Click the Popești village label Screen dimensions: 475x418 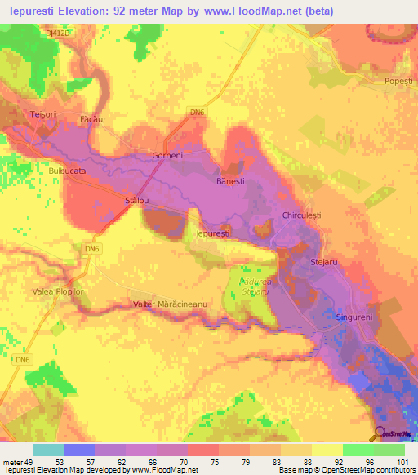pyautogui.click(x=398, y=82)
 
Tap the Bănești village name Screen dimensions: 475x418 pyautogui.click(x=229, y=181)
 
